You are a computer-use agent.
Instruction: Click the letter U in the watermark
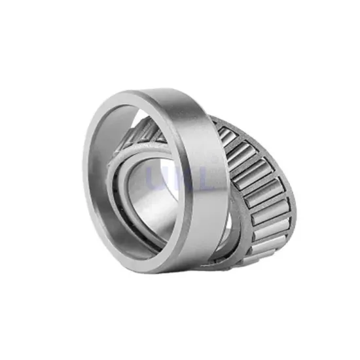[x=154, y=178]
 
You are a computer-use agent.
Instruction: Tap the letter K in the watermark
[x=177, y=178]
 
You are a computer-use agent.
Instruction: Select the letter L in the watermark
[x=200, y=178]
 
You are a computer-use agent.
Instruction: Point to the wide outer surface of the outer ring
[x=196, y=164]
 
